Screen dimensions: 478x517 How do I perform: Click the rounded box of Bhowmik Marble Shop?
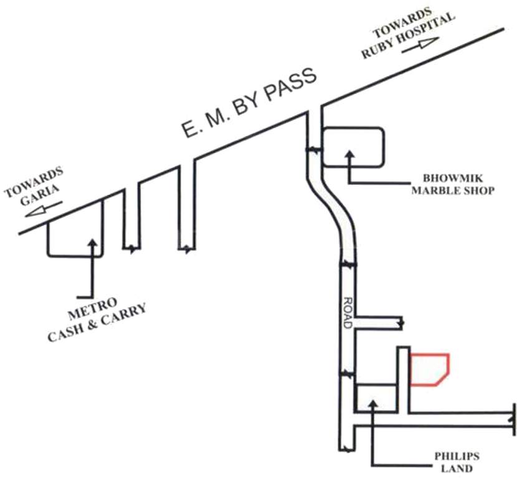pyautogui.click(x=353, y=147)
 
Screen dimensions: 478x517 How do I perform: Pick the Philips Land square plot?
pyautogui.click(x=376, y=398)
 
